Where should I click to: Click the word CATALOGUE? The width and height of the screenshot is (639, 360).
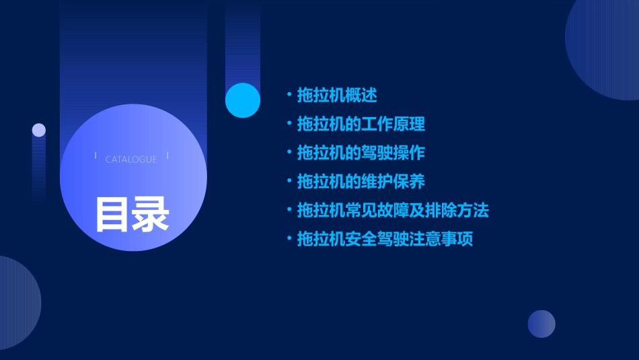[x=131, y=159]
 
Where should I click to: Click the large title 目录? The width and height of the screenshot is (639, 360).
[x=132, y=214]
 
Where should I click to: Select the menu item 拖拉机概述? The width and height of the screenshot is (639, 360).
[x=337, y=95]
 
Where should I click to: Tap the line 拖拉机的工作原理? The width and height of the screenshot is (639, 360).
[x=361, y=124]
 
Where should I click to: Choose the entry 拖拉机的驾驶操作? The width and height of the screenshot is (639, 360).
[x=361, y=153]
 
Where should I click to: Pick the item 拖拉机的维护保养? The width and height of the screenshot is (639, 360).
[x=361, y=182]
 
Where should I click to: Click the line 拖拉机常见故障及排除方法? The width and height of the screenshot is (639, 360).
[x=393, y=211]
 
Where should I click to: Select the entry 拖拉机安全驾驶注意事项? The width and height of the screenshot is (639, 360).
[x=385, y=240]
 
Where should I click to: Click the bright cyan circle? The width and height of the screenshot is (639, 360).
[x=243, y=100]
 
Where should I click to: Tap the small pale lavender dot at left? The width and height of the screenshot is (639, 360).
[x=39, y=130]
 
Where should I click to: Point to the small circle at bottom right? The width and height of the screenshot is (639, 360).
[x=541, y=324]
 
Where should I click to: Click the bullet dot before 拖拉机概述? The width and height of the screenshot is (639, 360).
[x=289, y=95]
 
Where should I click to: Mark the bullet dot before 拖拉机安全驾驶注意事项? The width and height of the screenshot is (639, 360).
[x=289, y=240]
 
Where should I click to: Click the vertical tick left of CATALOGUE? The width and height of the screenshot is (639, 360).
[x=96, y=155]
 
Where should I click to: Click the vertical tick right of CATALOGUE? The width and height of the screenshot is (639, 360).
[x=167, y=155]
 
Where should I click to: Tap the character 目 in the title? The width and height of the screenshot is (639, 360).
[x=112, y=214]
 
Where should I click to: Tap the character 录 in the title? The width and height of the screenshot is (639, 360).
[x=151, y=214]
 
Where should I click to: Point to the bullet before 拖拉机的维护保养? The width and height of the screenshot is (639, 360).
[x=289, y=182]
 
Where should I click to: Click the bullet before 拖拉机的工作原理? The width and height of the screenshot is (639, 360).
[x=289, y=124]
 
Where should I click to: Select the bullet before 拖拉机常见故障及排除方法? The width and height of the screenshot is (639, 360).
[x=289, y=211]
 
